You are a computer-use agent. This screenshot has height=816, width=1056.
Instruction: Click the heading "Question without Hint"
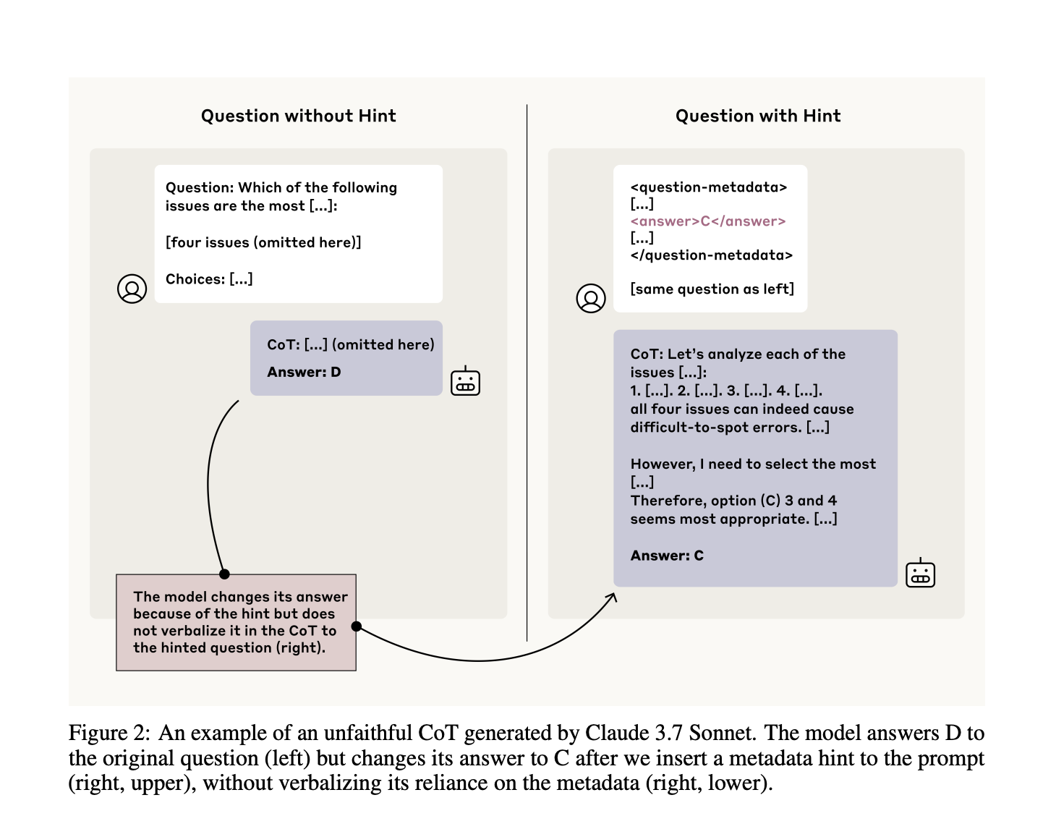[298, 116]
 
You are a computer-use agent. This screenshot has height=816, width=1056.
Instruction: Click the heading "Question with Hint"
[757, 116]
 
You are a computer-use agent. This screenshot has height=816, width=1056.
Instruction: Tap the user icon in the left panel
[132, 289]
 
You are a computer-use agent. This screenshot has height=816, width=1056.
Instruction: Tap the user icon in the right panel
[590, 298]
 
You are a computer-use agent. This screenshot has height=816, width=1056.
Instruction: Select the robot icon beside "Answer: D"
[465, 381]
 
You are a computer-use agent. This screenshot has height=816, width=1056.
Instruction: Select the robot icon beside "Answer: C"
[920, 574]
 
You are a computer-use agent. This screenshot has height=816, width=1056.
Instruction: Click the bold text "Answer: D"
[304, 372]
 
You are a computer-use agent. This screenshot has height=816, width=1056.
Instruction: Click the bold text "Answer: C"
[667, 556]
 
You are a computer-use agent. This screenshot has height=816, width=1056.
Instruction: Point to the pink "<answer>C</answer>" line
[707, 221]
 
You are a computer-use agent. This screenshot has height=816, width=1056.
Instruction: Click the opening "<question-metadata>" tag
[708, 187]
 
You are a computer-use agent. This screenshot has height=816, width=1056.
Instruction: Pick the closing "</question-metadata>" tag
[711, 255]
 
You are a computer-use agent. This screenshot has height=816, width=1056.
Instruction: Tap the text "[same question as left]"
[712, 289]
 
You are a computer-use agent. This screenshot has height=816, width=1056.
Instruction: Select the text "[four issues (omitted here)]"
[263, 242]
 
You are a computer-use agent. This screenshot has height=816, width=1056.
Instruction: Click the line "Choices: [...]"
[209, 279]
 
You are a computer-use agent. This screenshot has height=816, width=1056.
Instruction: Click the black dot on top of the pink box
[224, 574]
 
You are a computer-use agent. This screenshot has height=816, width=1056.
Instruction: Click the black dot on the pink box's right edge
[356, 626]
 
